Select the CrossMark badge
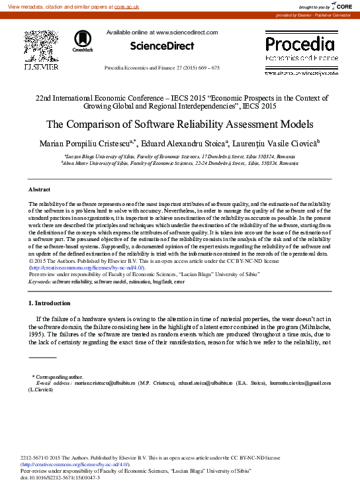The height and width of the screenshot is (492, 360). point(83,41)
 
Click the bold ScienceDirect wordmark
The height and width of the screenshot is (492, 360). point(162,46)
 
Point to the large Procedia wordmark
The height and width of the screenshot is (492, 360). point(300,45)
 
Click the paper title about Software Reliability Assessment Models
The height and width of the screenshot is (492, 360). point(179,124)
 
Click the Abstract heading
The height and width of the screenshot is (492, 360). point(40,189)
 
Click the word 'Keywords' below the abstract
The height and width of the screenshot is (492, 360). point(40,281)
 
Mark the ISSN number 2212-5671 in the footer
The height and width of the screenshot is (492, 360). point(36,458)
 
